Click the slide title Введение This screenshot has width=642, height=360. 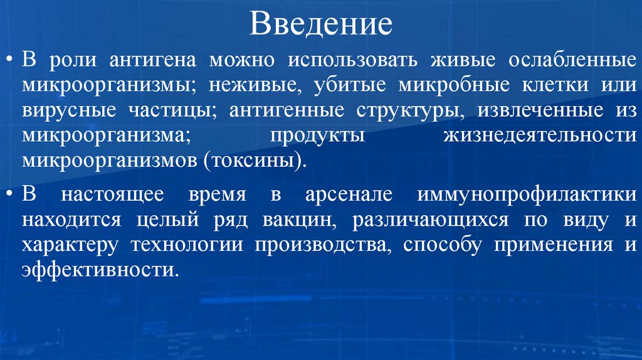click(x=320, y=25)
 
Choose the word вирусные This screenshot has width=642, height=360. click(x=64, y=110)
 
